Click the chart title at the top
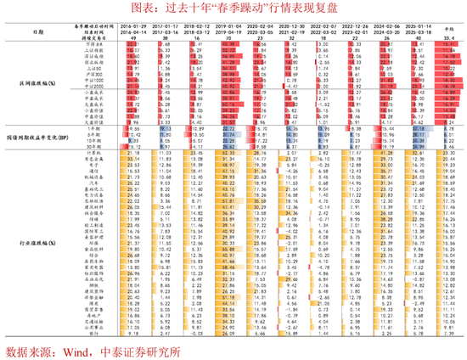coord(233,8)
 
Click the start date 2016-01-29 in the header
coord(138,26)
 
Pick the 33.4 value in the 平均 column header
coord(447,39)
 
